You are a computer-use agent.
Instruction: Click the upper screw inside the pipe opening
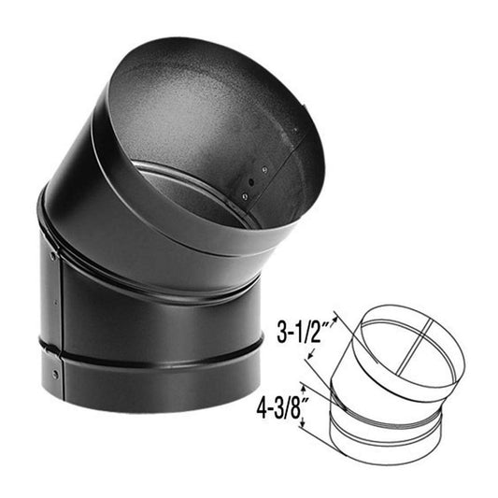pos(263,169)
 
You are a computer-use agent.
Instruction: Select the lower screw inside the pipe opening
pos(244,195)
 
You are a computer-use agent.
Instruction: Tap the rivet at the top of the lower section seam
pos(53,255)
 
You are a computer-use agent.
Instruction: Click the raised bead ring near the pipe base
pos(149,358)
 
